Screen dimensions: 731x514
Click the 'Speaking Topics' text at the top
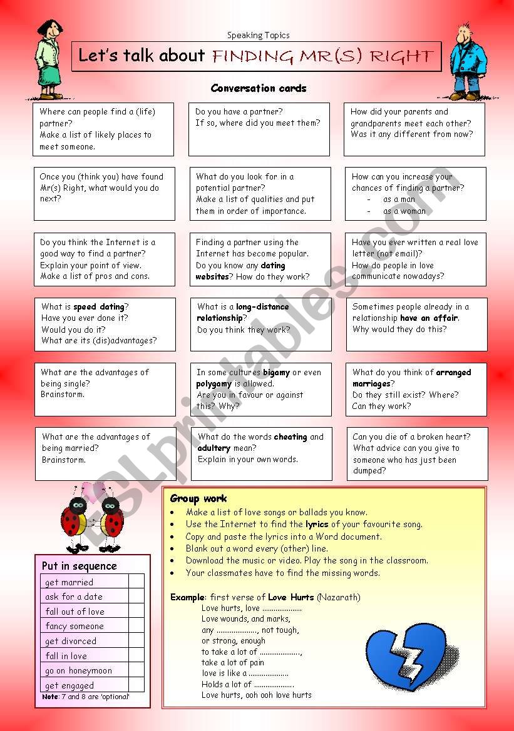point(258,36)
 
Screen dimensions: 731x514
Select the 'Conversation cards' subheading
point(259,88)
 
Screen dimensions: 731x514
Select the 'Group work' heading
point(198,498)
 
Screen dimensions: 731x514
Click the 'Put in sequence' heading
point(79,566)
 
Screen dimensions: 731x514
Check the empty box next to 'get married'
point(136,582)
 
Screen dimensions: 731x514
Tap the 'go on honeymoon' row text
point(78,670)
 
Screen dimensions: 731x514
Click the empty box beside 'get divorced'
point(136,641)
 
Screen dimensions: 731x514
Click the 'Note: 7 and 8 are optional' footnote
point(85,697)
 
